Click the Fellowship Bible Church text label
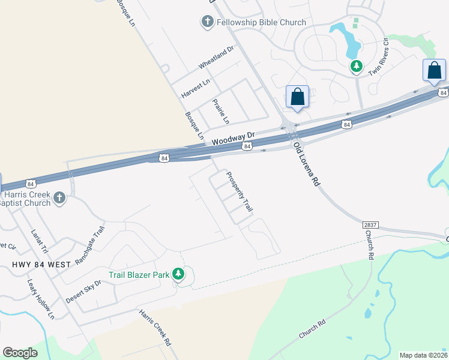[x=262, y=22]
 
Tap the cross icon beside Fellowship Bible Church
[x=207, y=22]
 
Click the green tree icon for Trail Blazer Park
[x=178, y=274]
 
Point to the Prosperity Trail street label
[x=239, y=192]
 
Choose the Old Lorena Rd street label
[x=305, y=164]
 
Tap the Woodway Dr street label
[x=234, y=137]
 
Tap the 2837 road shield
[x=370, y=224]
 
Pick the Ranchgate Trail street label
[x=89, y=247]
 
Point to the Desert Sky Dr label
[x=84, y=290]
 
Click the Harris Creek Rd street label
[x=155, y=328]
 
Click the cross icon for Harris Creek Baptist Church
[x=59, y=198]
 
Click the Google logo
[x=20, y=353]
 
